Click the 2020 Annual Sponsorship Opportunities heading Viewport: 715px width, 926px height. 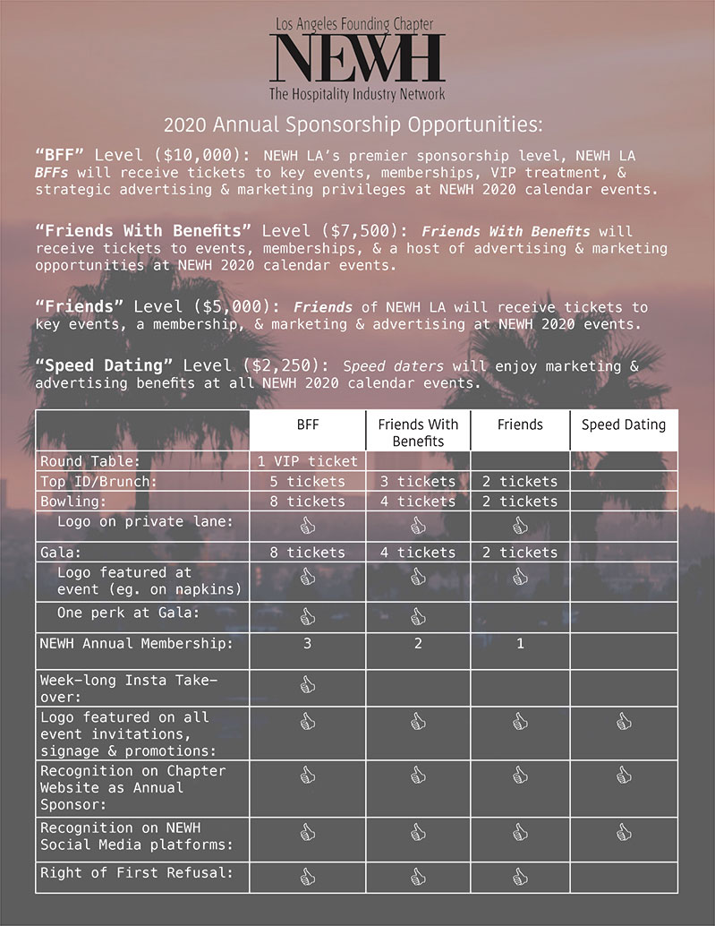click(x=353, y=123)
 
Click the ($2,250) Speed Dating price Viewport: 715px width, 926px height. click(x=291, y=366)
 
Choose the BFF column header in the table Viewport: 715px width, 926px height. click(x=307, y=424)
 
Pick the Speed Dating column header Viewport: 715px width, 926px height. click(x=623, y=424)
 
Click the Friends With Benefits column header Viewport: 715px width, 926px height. click(x=418, y=432)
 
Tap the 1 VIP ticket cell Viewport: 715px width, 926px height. click(x=307, y=461)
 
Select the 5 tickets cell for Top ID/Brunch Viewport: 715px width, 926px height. click(x=307, y=481)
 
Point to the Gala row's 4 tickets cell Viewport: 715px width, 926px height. click(x=418, y=553)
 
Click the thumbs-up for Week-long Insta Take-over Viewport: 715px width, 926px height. click(x=307, y=685)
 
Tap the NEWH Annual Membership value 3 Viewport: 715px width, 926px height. click(x=307, y=643)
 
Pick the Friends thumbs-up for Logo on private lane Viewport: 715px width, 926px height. click(x=520, y=525)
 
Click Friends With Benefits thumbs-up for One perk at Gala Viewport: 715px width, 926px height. click(x=418, y=616)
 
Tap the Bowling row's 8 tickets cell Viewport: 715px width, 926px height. click(x=307, y=501)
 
